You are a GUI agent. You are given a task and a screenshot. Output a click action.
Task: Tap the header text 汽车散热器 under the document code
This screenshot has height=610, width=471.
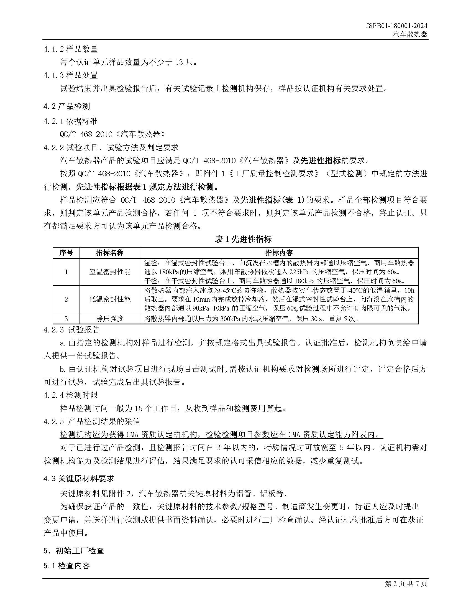tap(410, 34)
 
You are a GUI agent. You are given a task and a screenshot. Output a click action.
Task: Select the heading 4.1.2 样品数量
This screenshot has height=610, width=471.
tap(71, 49)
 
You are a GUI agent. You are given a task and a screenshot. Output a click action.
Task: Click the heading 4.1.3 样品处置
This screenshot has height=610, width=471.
tap(71, 75)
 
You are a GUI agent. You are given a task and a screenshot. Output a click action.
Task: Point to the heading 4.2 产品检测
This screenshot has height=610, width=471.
tap(67, 106)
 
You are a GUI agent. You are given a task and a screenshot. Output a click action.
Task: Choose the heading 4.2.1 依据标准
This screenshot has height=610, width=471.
tap(71, 121)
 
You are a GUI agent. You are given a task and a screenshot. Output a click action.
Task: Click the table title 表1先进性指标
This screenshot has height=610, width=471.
tap(243, 239)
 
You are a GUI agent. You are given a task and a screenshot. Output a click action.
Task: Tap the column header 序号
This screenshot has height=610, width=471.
tap(66, 253)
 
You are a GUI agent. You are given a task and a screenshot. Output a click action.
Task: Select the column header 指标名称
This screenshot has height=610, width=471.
tap(110, 253)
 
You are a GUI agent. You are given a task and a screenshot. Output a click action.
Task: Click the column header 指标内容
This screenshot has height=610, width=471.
tap(279, 253)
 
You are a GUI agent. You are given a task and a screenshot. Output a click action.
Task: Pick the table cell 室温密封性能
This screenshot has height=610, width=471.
tap(110, 272)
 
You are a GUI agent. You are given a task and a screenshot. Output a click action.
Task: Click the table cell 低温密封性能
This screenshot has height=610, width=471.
tap(110, 299)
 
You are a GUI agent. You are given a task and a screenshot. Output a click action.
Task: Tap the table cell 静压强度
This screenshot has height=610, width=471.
tap(110, 318)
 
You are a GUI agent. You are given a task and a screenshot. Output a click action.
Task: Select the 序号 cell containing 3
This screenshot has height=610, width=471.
tap(66, 318)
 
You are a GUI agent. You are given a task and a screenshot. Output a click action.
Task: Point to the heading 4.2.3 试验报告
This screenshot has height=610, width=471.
tap(72, 330)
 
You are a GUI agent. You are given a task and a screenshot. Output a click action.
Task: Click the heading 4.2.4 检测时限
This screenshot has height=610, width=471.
tap(71, 395)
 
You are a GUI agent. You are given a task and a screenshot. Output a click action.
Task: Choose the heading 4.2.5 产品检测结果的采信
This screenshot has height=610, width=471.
tap(92, 421)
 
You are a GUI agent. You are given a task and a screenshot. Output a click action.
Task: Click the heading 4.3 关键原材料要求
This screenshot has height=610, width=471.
tap(79, 479)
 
